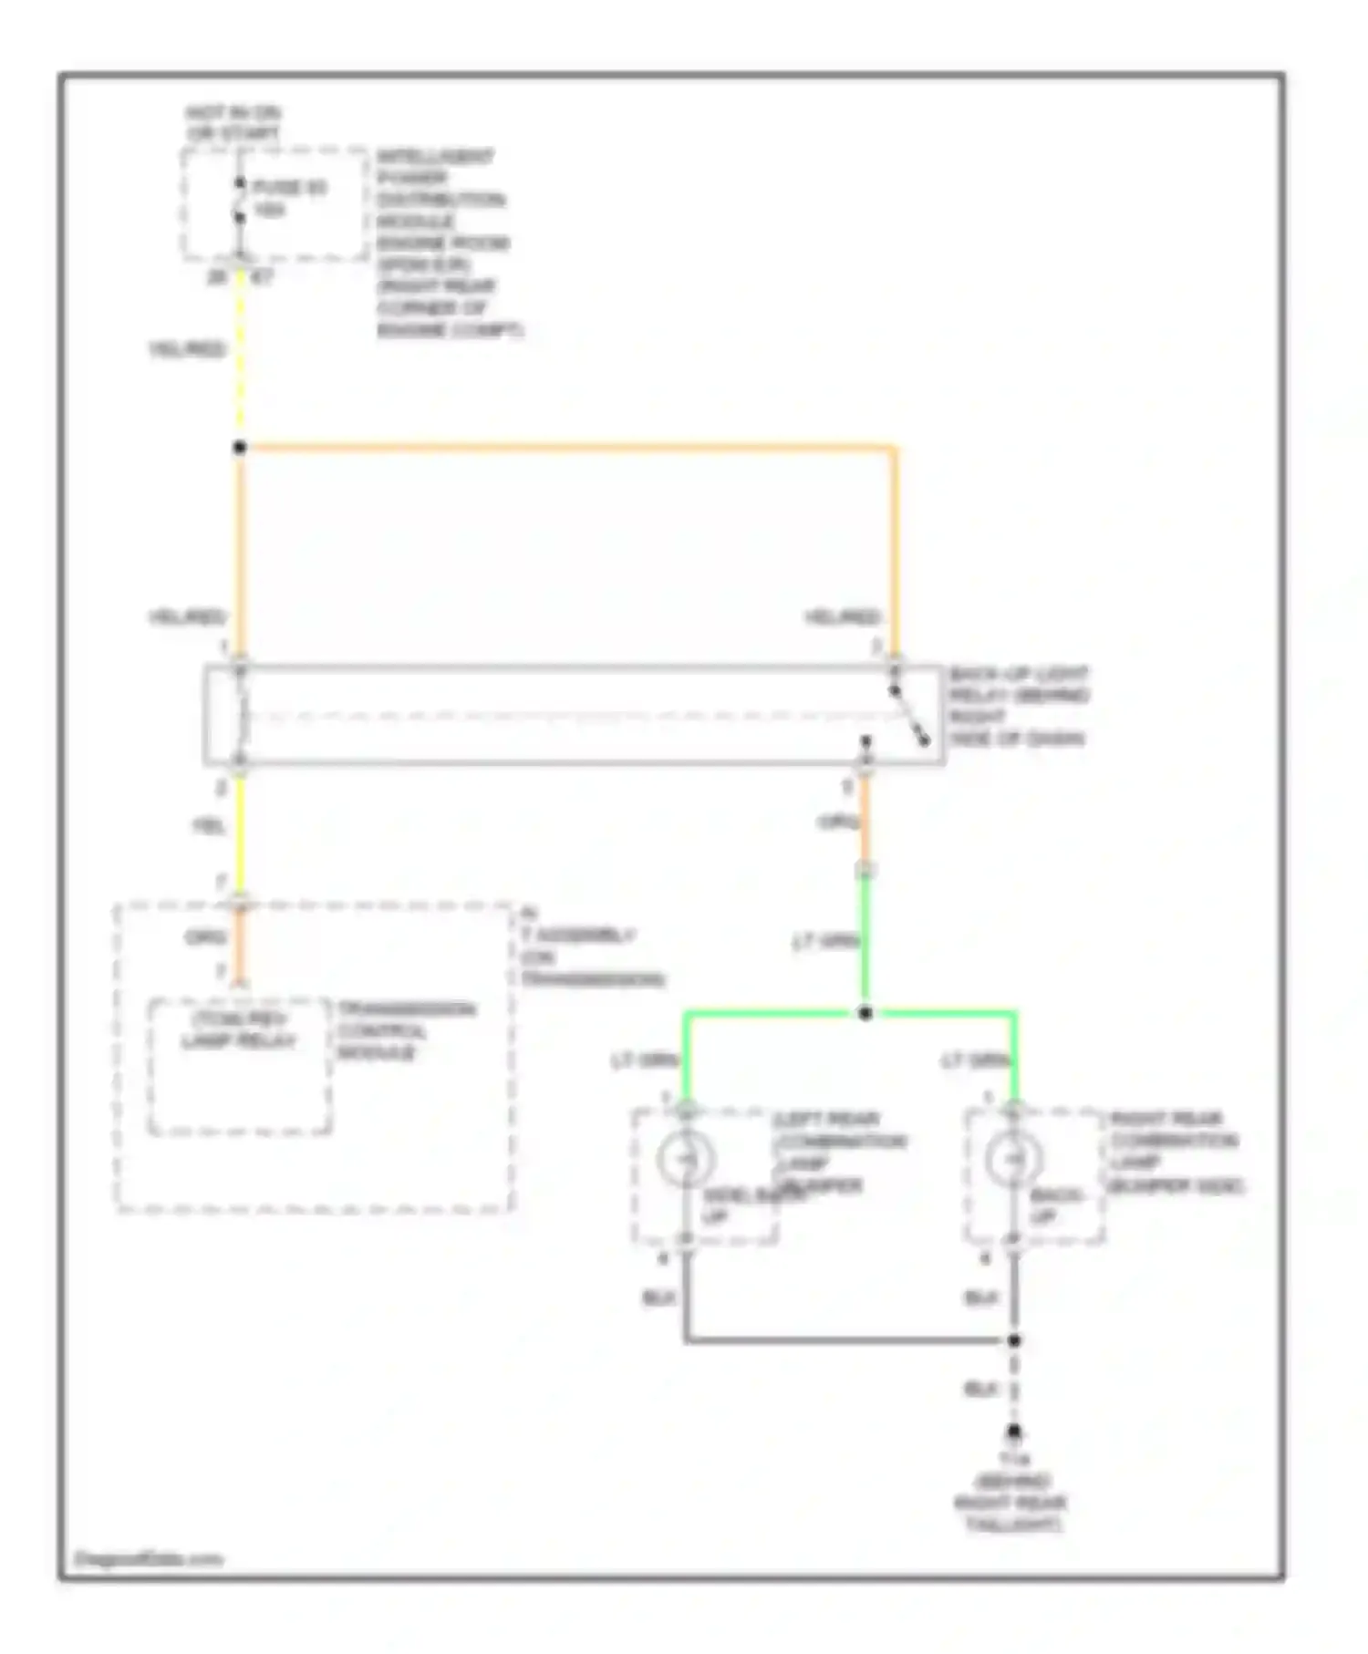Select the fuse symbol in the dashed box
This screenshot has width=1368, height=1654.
pyautogui.click(x=240, y=201)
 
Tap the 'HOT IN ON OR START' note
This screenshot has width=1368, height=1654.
pyautogui.click(x=233, y=123)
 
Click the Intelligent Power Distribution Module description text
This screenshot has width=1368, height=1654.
pyautogui.click(x=447, y=243)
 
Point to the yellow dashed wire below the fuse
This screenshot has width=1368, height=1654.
pyautogui.click(x=240, y=356)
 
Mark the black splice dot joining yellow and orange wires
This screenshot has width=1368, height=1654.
pyautogui.click(x=240, y=448)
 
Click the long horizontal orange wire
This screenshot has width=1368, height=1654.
pyautogui.click(x=565, y=448)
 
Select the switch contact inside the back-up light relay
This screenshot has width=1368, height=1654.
pyautogui.click(x=908, y=716)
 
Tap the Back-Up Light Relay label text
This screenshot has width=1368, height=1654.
pyautogui.click(x=1018, y=707)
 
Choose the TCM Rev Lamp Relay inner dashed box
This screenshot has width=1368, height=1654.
pyautogui.click(x=240, y=1067)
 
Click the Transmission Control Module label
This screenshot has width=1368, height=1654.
pyautogui.click(x=405, y=1031)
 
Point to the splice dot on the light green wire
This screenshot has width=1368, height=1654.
pyautogui.click(x=865, y=1013)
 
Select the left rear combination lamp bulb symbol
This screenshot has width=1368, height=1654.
pyautogui.click(x=685, y=1159)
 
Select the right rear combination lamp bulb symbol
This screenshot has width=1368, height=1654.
pyautogui.click(x=1012, y=1159)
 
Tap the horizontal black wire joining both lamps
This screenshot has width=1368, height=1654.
pyautogui.click(x=848, y=1340)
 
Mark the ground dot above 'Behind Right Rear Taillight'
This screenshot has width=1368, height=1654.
pyautogui.click(x=1013, y=1432)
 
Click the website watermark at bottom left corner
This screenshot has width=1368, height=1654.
pyautogui.click(x=148, y=1559)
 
